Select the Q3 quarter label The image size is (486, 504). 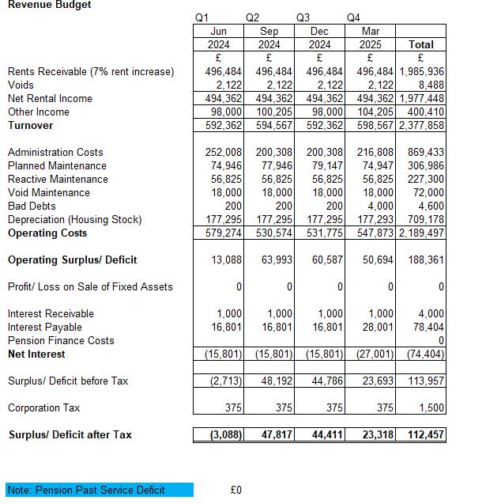pyautogui.click(x=303, y=17)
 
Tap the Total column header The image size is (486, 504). pyautogui.click(x=420, y=44)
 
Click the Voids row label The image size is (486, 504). pyautogui.click(x=21, y=85)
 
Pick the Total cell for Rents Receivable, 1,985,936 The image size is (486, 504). pyautogui.click(x=420, y=71)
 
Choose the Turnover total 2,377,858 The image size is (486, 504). pyautogui.click(x=420, y=125)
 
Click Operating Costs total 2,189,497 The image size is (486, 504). pyautogui.click(x=420, y=233)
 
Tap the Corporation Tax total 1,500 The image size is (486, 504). pyautogui.click(x=430, y=407)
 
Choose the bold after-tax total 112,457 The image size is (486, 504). pyautogui.click(x=423, y=434)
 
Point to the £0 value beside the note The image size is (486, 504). pyautogui.click(x=235, y=490)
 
